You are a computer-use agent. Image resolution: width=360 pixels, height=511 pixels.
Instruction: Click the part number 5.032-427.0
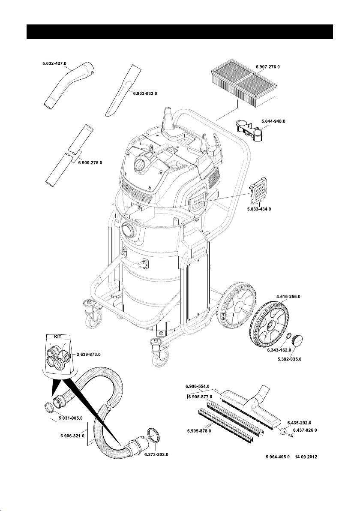coord(54,63)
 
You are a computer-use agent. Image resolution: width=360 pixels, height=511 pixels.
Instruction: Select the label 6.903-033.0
coord(145,93)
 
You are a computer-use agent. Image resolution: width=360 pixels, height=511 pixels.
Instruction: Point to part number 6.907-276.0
coord(268,66)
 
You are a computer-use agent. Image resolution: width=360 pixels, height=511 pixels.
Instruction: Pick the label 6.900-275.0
coord(90,162)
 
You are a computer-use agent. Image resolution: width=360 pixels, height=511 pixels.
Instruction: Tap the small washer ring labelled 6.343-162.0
coord(289,337)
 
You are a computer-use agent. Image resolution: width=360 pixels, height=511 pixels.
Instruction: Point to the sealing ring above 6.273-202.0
coord(154,435)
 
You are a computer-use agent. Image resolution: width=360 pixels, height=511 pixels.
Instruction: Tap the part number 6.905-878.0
coord(199,431)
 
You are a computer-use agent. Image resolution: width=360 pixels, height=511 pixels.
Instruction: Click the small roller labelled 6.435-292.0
coord(283,430)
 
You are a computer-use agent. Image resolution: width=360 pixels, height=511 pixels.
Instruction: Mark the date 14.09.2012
coord(306,457)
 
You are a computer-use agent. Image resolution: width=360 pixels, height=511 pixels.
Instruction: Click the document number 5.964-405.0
coord(278,457)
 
